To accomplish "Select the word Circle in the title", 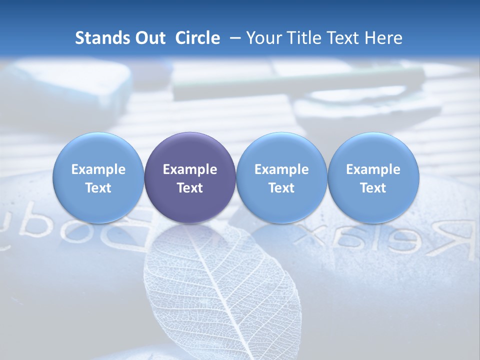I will click(197, 38).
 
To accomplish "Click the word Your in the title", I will click(263, 38).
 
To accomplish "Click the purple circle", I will click(190, 177).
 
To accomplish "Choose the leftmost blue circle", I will click(98, 177).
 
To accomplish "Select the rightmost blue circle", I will click(373, 177).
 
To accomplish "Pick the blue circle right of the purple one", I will click(281, 177).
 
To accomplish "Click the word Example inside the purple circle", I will click(190, 169).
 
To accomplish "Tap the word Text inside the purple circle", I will click(190, 188).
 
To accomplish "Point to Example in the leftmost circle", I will click(98, 169).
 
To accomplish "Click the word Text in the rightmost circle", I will click(373, 188).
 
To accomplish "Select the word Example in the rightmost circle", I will click(373, 169).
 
